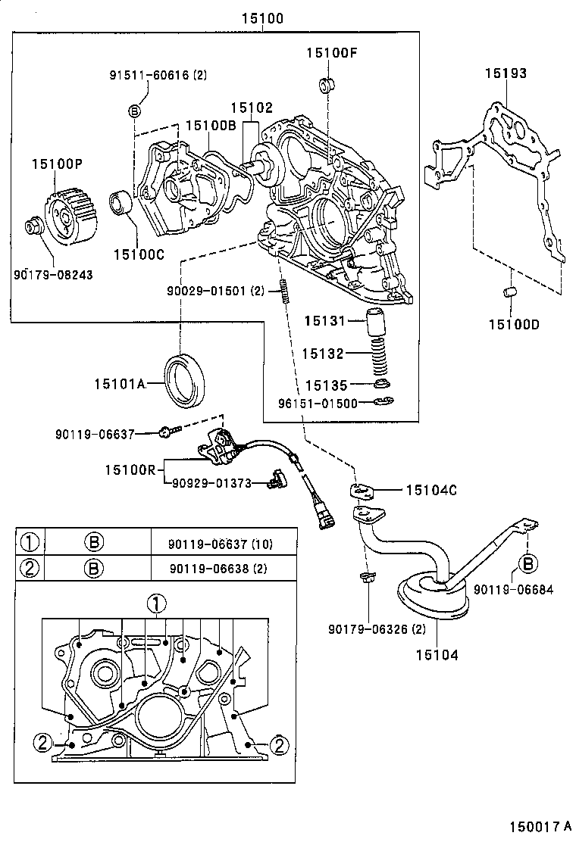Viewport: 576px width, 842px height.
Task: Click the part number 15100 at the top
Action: click(x=263, y=19)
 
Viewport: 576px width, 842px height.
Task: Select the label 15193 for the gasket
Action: click(x=506, y=73)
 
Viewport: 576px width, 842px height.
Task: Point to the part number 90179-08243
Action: click(x=53, y=274)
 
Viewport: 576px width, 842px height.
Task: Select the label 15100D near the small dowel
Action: click(x=514, y=325)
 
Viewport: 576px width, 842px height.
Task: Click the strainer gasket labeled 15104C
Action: click(x=364, y=491)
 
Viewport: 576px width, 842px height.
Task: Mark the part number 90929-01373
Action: click(x=211, y=483)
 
